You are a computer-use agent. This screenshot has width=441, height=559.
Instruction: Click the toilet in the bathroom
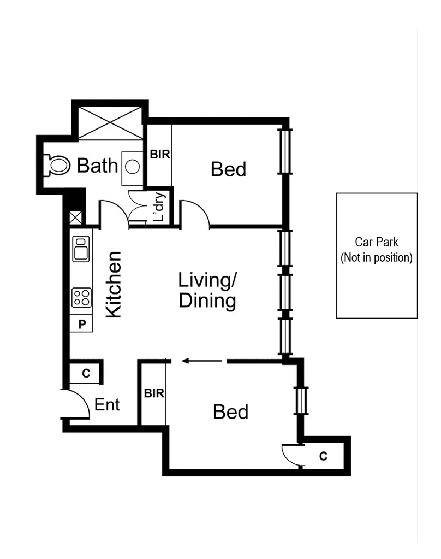pyautogui.click(x=58, y=165)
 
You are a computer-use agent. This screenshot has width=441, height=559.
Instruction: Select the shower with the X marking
pyautogui.click(x=110, y=122)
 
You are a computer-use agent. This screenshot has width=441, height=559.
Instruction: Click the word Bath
pyautogui.click(x=98, y=165)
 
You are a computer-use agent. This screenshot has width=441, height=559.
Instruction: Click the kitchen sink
pyautogui.click(x=81, y=249)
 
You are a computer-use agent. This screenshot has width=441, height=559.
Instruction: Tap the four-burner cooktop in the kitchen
pyautogui.click(x=81, y=298)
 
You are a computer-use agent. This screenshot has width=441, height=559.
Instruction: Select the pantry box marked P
pyautogui.click(x=82, y=323)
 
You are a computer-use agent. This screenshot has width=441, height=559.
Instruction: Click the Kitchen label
pyautogui.click(x=113, y=284)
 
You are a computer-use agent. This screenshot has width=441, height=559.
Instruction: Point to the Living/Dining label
pyautogui.click(x=207, y=291)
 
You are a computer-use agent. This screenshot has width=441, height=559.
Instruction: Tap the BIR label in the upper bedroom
pyautogui.click(x=160, y=155)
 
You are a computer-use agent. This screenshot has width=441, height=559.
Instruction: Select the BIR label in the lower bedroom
pyautogui.click(x=154, y=393)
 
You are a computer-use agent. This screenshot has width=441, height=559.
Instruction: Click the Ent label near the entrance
pyautogui.click(x=107, y=405)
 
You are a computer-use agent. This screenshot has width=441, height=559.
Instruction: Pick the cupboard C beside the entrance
pyautogui.click(x=85, y=373)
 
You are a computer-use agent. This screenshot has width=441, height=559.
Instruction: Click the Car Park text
pyautogui.click(x=377, y=242)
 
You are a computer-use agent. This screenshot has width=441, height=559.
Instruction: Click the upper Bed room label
pyautogui.click(x=229, y=169)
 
